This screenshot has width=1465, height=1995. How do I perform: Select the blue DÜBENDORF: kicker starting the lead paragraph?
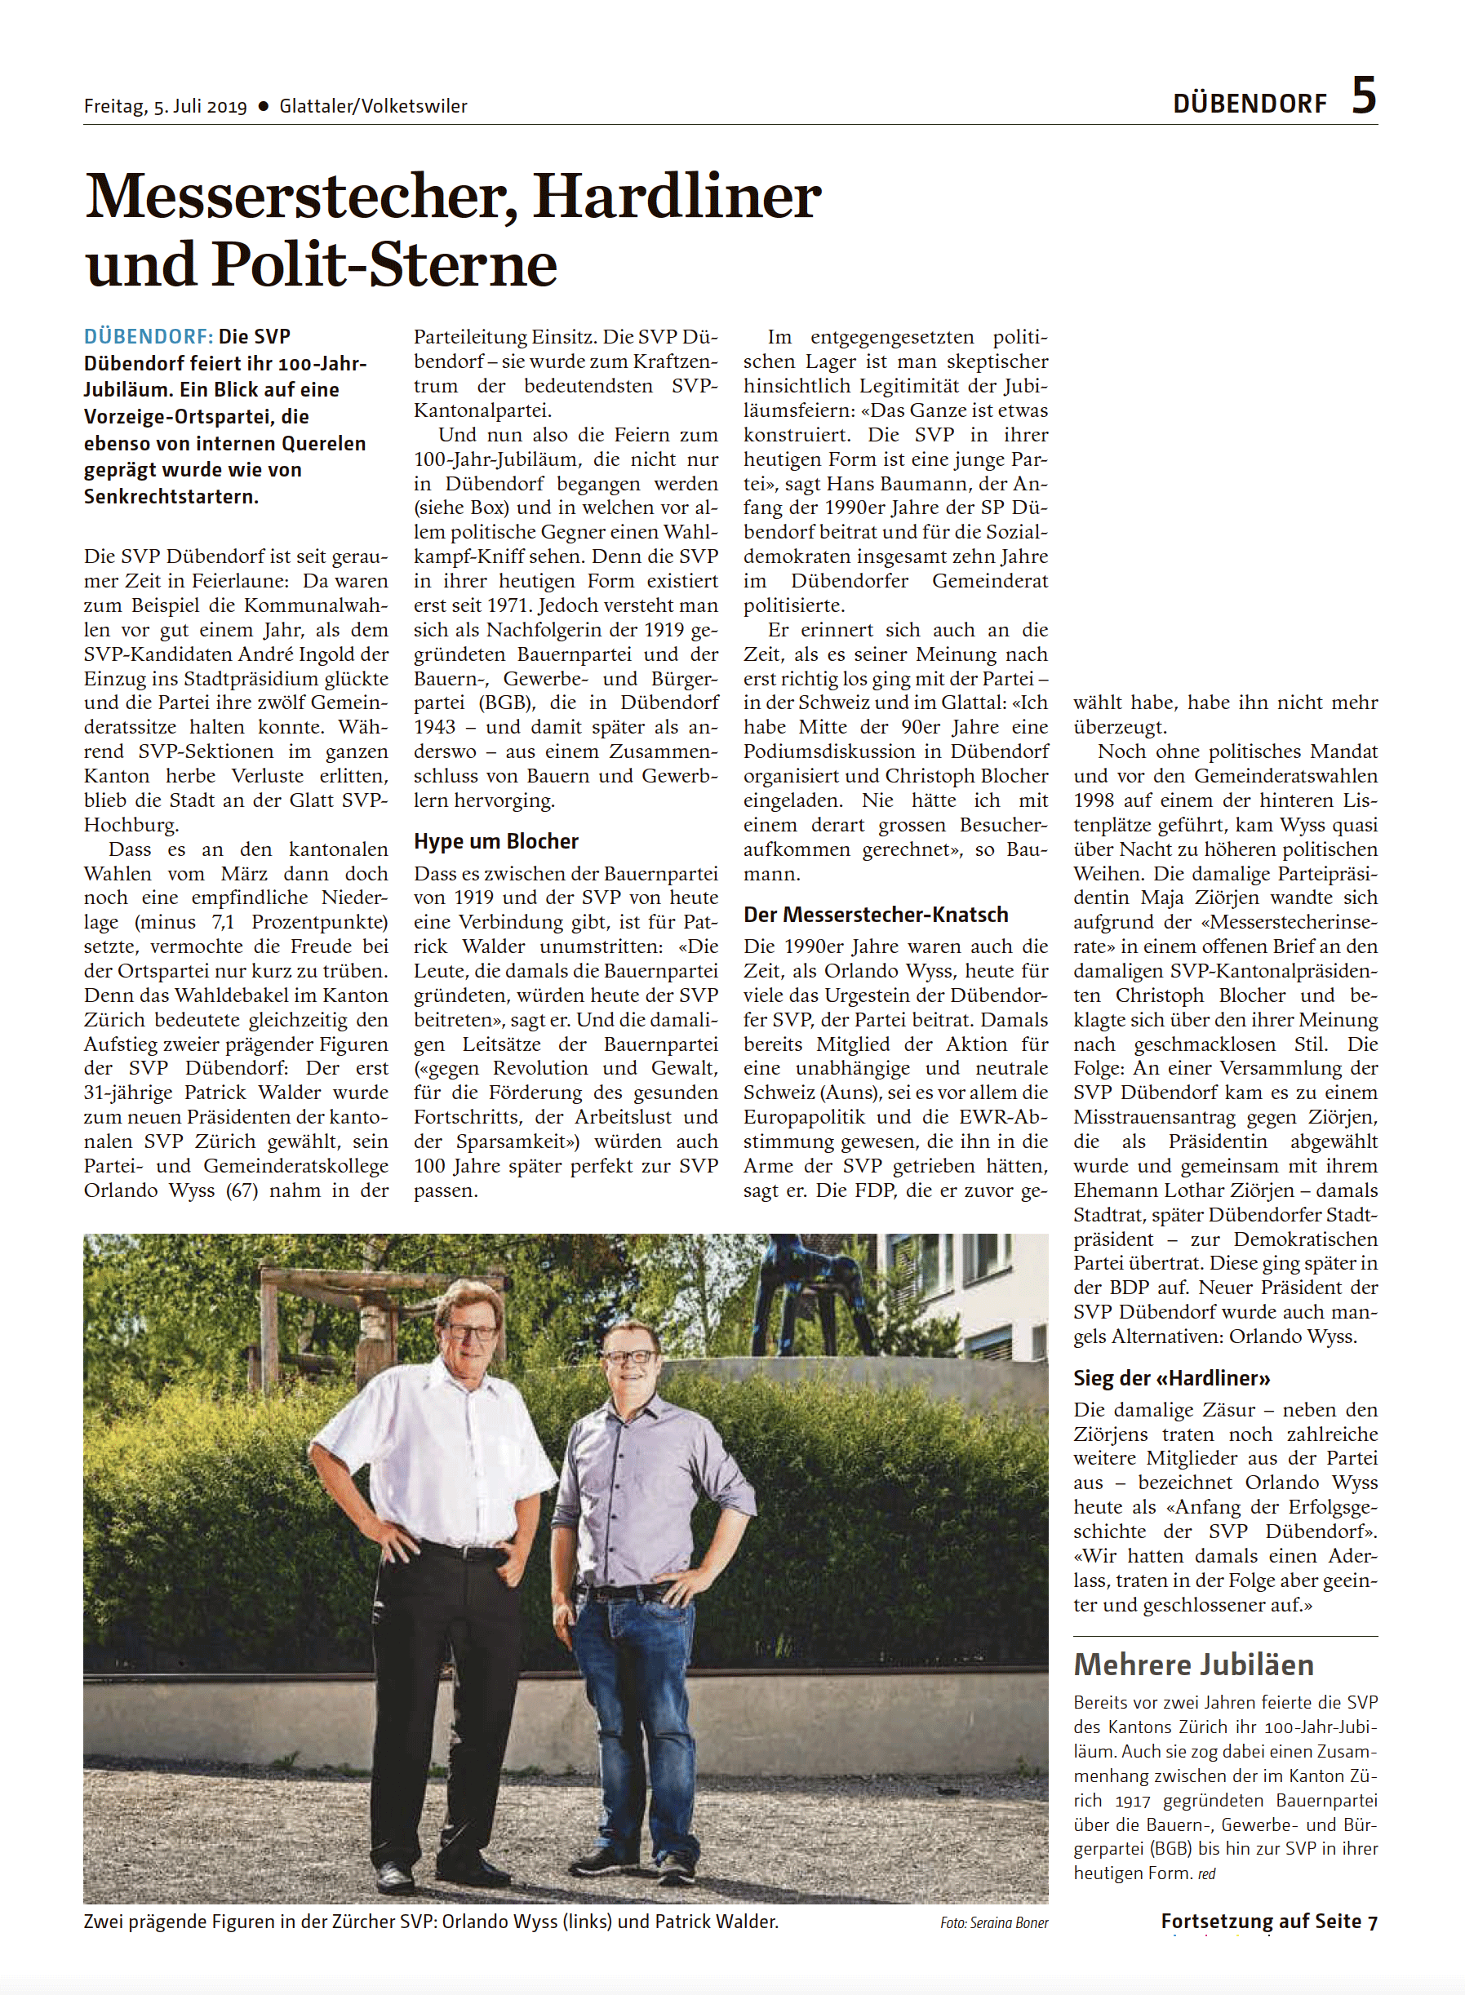[148, 337]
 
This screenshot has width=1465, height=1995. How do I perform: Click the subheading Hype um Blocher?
[495, 840]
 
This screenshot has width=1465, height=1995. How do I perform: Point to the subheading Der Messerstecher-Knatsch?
[875, 914]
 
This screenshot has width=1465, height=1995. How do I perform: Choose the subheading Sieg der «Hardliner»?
[1171, 1378]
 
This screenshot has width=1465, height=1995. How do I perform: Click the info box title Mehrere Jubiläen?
[1192, 1665]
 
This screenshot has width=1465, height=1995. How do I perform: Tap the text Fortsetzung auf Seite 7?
[1268, 1922]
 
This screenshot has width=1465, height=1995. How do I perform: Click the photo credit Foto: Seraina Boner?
[994, 1922]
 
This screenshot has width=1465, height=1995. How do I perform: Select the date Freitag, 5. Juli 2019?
[165, 106]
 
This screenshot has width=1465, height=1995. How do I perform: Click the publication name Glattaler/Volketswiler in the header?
[372, 106]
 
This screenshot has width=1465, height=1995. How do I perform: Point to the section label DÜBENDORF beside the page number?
[1250, 104]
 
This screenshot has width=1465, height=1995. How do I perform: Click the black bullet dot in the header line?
[263, 106]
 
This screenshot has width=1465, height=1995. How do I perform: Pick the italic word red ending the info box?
[1206, 1873]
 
